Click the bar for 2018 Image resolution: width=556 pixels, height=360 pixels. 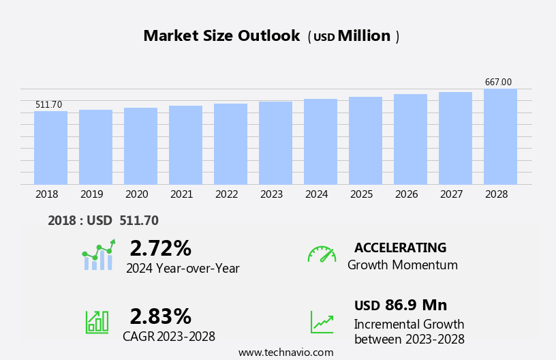click(50, 147)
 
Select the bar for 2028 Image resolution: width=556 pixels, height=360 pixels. click(500, 136)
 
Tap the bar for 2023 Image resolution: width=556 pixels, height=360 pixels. click(275, 142)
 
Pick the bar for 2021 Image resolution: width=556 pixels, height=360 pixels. click(185, 145)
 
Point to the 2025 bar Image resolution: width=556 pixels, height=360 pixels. click(365, 140)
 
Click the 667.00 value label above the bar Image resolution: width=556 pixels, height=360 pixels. click(498, 82)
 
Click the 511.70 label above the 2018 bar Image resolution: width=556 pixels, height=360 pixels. click(48, 104)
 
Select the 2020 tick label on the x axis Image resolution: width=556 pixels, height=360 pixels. click(136, 194)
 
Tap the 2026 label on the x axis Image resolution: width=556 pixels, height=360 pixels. click(406, 194)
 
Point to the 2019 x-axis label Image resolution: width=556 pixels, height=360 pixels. click(91, 194)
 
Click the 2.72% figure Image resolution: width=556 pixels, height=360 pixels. click(160, 248)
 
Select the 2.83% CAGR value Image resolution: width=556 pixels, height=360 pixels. click(160, 316)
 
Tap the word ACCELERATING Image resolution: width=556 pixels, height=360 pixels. click(400, 247)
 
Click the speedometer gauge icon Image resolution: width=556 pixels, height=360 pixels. click(322, 254)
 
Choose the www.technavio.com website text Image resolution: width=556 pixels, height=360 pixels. click(285, 352)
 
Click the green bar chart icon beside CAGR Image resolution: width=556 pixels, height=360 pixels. click(97, 321)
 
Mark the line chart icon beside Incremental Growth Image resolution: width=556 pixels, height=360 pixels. click(322, 321)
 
